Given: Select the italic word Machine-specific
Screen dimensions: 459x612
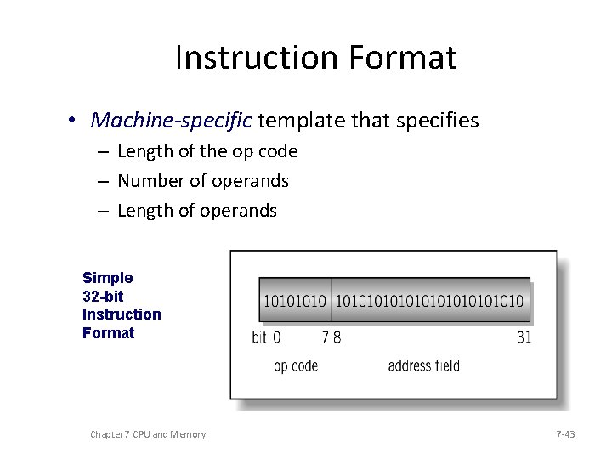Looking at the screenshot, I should [171, 121].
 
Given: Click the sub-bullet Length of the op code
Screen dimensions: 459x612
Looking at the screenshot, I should [207, 152].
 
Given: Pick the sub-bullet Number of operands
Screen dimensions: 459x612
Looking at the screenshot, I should [203, 181].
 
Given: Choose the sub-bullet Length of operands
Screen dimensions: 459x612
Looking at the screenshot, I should [197, 211].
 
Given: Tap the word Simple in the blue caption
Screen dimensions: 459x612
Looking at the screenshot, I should [108, 278].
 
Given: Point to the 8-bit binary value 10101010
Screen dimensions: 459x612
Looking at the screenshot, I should [295, 302].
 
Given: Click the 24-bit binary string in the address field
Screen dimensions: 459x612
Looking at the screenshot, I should [430, 302].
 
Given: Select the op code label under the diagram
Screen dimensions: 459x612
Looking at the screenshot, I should [296, 365].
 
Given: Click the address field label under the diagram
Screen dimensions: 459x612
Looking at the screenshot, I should [423, 365].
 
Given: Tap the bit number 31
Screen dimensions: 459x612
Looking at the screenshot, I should [524, 337].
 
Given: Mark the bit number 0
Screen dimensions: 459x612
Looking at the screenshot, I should [276, 337].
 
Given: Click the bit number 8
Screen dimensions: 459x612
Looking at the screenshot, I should [337, 337].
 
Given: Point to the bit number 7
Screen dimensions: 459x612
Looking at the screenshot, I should [326, 337].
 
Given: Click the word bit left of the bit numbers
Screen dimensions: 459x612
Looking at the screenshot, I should [259, 337].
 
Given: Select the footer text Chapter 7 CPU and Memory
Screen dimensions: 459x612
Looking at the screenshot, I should [148, 434].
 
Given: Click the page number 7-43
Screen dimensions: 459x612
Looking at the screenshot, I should [565, 434].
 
